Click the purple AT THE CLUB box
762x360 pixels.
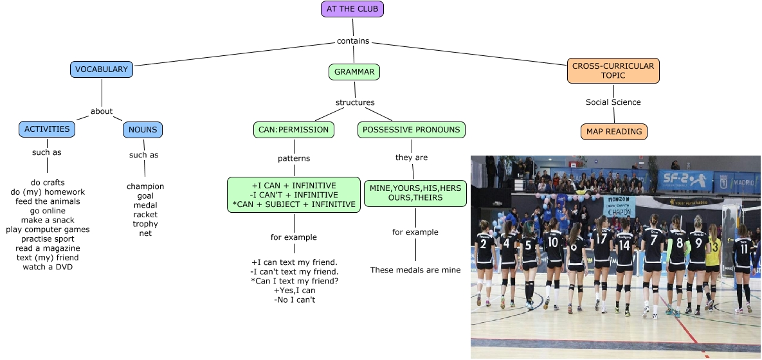(352, 9)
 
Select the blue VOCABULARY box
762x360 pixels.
(102, 69)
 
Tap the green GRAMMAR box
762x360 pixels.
(354, 72)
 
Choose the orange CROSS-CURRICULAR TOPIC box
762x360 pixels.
(613, 71)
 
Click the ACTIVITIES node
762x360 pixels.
(47, 129)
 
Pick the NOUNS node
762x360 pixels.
(143, 130)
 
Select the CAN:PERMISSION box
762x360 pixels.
(294, 130)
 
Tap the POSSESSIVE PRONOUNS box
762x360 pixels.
(411, 130)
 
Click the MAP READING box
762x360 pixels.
(614, 132)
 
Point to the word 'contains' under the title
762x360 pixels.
(353, 41)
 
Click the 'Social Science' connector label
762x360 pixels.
(613, 102)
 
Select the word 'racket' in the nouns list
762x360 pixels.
(145, 215)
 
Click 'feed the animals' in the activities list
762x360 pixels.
(48, 201)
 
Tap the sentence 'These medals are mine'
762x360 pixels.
(415, 270)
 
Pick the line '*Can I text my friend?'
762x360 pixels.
(294, 281)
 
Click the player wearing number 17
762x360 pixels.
(601, 257)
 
